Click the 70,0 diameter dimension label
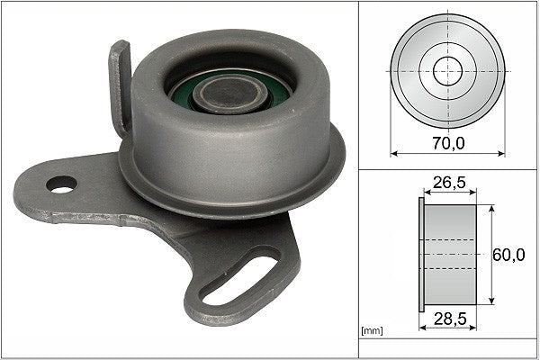[446, 142]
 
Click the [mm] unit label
[371, 332]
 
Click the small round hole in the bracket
[62, 186]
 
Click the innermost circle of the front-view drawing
[446, 69]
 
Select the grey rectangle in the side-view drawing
[450, 255]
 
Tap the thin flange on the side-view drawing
[421, 255]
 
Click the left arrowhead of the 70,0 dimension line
[393, 153]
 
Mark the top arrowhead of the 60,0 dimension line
[493, 208]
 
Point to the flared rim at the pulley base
[225, 193]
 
